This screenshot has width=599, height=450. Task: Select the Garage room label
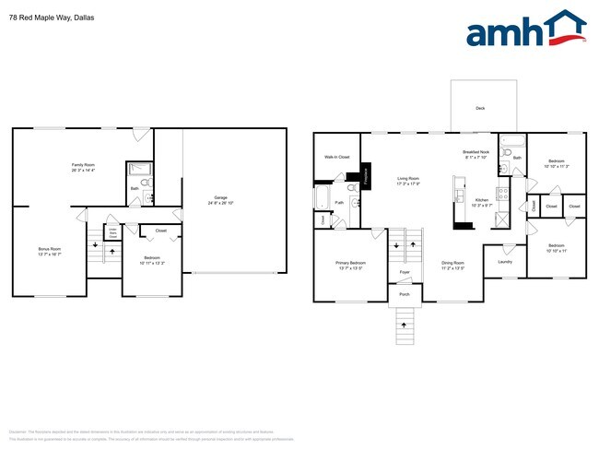coord(221,198)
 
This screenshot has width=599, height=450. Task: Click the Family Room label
coord(84,167)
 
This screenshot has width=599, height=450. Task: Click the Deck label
coord(479,108)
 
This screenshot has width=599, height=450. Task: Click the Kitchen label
coord(482,200)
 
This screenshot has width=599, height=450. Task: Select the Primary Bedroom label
coord(350,265)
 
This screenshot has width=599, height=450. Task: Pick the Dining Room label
coord(452,265)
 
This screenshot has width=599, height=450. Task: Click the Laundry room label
coord(504,262)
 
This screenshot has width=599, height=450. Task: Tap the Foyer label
coord(405,273)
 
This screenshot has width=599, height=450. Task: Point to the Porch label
coord(404,294)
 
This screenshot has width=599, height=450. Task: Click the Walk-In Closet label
coord(336,157)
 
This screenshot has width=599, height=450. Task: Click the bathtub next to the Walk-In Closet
coord(322,198)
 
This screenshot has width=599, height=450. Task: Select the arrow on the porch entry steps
coord(404,325)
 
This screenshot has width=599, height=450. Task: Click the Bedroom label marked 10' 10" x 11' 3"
coord(556,164)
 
